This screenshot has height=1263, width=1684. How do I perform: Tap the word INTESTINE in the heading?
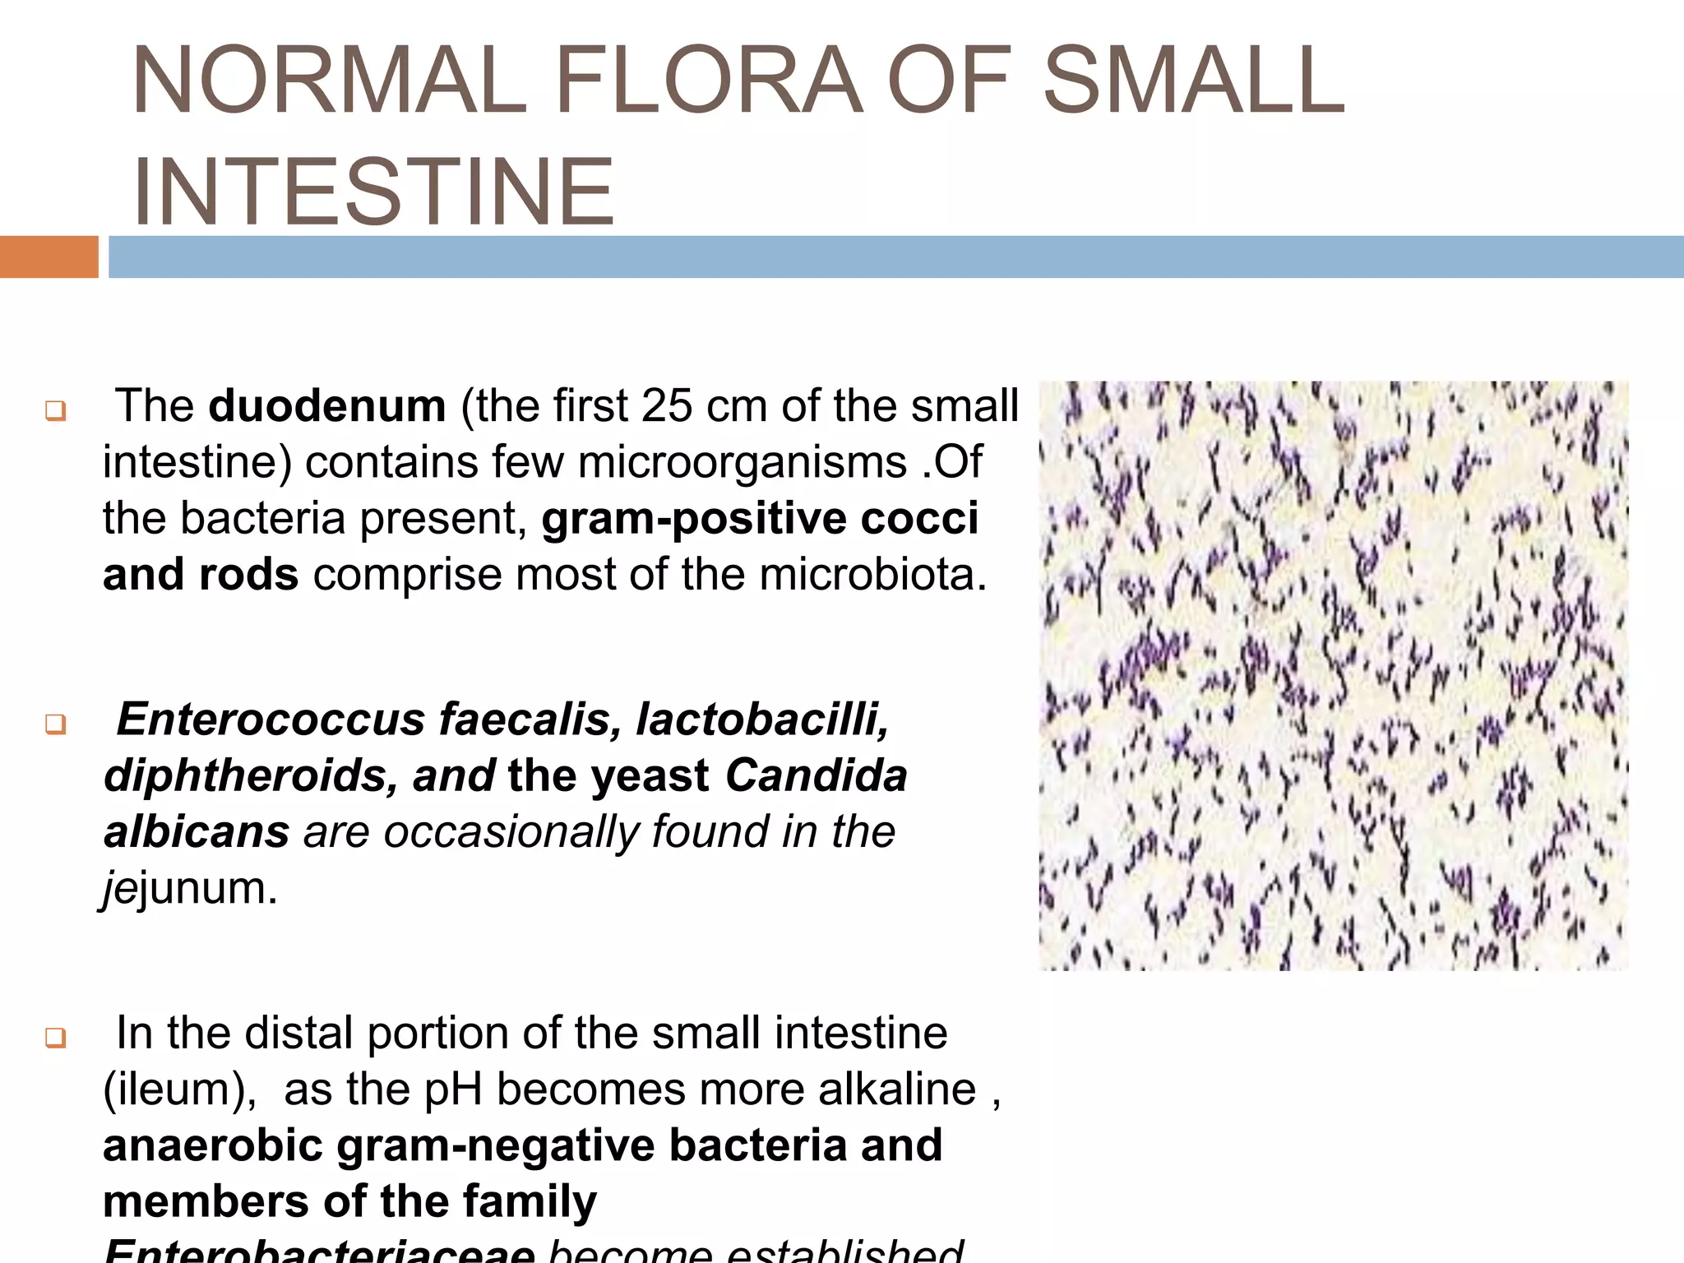[373, 192]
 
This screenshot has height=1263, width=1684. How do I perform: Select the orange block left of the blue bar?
[49, 257]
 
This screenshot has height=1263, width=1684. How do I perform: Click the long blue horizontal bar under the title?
[895, 257]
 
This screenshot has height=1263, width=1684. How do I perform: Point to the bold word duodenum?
[327, 405]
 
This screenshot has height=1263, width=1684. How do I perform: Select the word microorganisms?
[743, 462]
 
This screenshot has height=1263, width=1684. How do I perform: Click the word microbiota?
[872, 574]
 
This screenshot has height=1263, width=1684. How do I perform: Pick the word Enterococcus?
[271, 719]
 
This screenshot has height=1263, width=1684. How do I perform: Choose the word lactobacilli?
[762, 719]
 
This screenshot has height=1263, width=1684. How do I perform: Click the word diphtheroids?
[251, 775]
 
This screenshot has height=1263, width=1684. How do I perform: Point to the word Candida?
[816, 775]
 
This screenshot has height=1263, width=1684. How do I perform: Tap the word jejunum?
[190, 888]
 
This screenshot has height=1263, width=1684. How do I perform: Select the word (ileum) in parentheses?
[180, 1090]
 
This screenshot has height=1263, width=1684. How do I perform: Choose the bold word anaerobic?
[212, 1145]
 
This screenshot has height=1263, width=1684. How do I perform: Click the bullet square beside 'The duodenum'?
[55, 410]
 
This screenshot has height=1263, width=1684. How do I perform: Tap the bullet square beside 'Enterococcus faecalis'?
[55, 724]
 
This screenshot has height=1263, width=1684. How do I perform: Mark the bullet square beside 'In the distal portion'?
[55, 1039]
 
